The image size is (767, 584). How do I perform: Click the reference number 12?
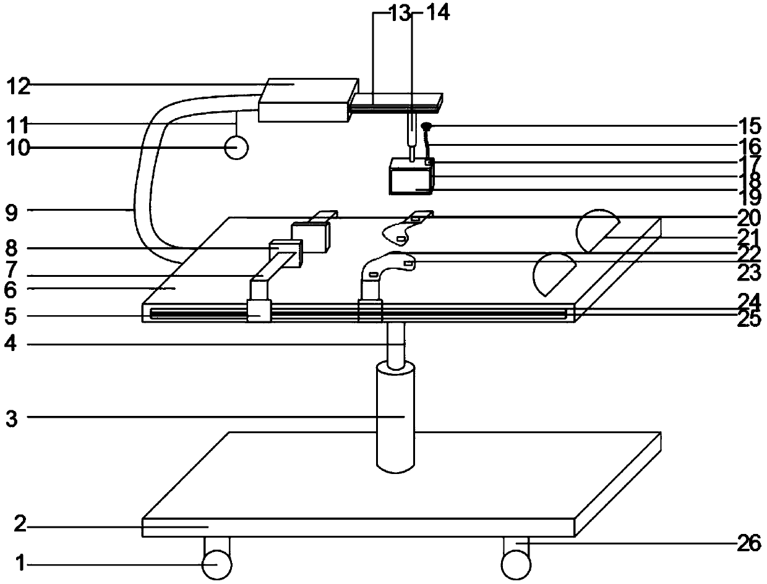click(x=17, y=85)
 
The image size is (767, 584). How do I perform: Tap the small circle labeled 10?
click(x=235, y=148)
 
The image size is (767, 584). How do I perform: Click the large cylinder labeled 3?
click(x=396, y=420)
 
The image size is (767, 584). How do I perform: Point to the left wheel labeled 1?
click(x=216, y=564)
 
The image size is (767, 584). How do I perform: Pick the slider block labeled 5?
click(x=259, y=310)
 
